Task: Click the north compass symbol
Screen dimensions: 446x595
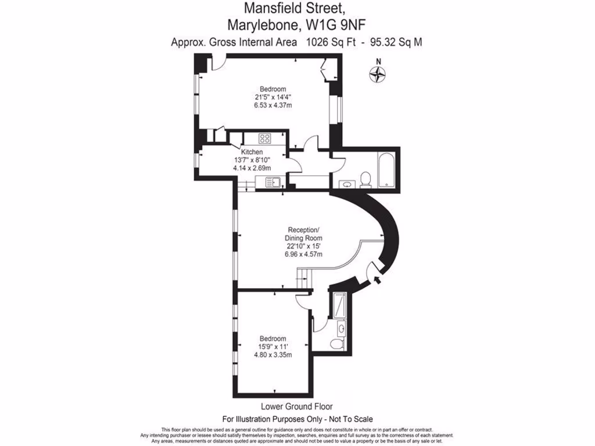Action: click(378, 73)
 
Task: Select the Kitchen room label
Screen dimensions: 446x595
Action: click(245, 152)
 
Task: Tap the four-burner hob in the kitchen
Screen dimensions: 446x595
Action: click(266, 138)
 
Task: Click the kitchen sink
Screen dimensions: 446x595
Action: click(273, 182)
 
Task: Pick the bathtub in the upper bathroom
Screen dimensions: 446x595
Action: click(386, 170)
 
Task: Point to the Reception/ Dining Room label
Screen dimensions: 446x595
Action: click(303, 233)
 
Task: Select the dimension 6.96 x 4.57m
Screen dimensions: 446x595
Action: click(303, 254)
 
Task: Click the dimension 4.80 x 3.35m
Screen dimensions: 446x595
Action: click(273, 355)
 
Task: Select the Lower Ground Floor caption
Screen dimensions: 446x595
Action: click(297, 407)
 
